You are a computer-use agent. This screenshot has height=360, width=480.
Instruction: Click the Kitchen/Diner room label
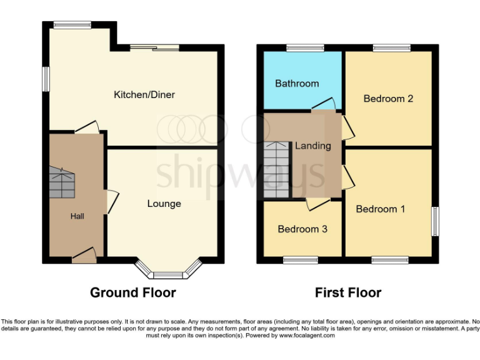pyautogui.click(x=144, y=95)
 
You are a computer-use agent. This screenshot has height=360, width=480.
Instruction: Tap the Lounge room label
pyautogui.click(x=164, y=204)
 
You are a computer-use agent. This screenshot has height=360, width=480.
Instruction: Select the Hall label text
pyautogui.click(x=77, y=216)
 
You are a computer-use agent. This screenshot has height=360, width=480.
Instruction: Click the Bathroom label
pyautogui.click(x=297, y=83)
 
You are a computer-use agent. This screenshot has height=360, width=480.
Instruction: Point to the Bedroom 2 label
pyautogui.click(x=388, y=99)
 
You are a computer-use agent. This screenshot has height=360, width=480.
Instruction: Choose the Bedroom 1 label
pyautogui.click(x=380, y=209)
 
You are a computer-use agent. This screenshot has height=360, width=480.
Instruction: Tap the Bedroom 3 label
pyautogui.click(x=302, y=229)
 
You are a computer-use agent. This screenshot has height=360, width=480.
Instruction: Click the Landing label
pyautogui.click(x=312, y=146)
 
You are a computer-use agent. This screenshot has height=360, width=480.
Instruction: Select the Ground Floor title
pyautogui.click(x=132, y=292)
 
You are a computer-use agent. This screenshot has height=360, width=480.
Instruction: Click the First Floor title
pyautogui.click(x=347, y=292)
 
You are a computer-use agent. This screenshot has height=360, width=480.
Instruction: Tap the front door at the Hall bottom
pyautogui.click(x=84, y=254)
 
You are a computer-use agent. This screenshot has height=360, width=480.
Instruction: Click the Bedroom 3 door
pyautogui.click(x=317, y=204)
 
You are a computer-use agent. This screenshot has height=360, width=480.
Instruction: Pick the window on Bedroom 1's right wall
pyautogui.click(x=435, y=221)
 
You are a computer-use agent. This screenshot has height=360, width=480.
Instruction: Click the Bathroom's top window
pyautogui.click(x=305, y=47)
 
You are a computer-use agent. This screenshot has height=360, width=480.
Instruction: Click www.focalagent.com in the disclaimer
pyautogui.click(x=307, y=336)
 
